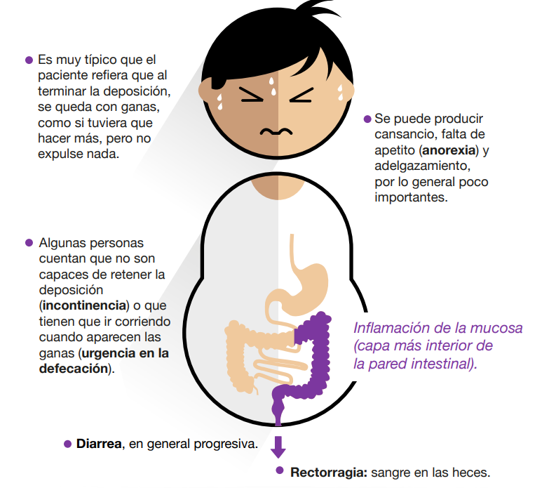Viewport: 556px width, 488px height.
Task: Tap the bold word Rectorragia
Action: pyautogui.click(x=327, y=472)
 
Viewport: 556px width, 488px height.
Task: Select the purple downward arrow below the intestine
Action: pyautogui.click(x=279, y=445)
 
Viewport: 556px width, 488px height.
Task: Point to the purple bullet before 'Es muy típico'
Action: pyautogui.click(x=29, y=60)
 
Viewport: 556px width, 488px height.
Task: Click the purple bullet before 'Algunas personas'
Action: pyautogui.click(x=29, y=243)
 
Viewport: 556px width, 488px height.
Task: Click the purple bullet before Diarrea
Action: pyautogui.click(x=67, y=444)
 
